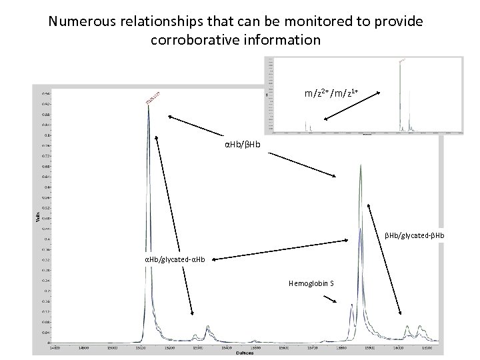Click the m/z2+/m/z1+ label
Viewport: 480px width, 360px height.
point(332,93)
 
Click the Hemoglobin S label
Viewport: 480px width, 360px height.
point(311,283)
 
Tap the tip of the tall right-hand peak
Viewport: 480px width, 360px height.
point(360,165)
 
